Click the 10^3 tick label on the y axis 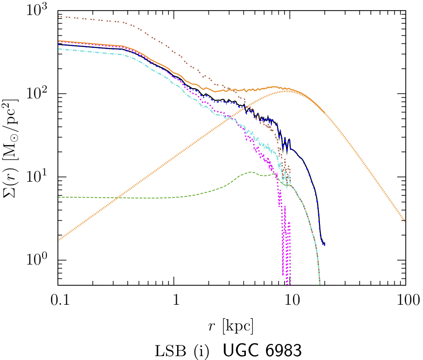pos(40,10)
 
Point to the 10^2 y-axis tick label pos(40,94)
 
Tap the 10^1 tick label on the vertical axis pos(40,177)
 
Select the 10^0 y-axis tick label pos(40,260)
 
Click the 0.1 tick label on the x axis pos(58,301)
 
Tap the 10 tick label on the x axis pos(290,301)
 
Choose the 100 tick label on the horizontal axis pos(406,301)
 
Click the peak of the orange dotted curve pos(287,91)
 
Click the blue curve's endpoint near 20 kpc pos(324,244)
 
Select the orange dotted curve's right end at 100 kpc pos(405,221)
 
